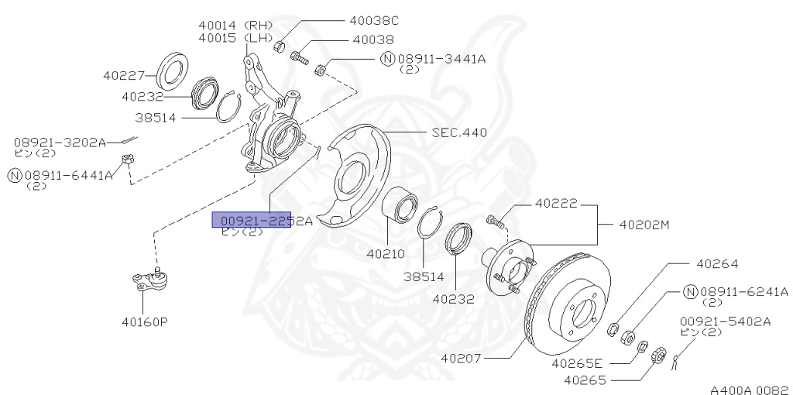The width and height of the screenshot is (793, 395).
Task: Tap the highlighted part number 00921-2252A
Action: click(252, 221)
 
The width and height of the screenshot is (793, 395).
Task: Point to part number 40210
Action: click(386, 253)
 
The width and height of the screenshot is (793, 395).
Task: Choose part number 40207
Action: click(461, 359)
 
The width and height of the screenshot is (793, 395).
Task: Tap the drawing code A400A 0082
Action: click(747, 384)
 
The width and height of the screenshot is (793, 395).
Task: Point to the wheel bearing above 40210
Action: click(400, 206)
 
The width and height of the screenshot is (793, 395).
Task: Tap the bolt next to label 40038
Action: click(299, 57)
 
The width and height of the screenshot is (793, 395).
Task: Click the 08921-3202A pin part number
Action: click(60, 143)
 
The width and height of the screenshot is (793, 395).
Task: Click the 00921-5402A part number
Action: click(725, 321)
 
